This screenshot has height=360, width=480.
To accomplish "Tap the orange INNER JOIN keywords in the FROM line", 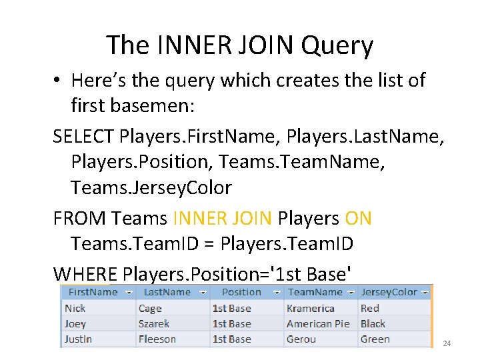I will pos(222,218).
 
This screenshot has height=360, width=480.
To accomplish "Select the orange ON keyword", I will pos(359,218).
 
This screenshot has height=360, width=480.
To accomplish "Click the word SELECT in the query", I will pos(84,137).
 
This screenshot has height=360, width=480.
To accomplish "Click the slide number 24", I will pos(447,343).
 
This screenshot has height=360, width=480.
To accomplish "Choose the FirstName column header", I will pos(93,292).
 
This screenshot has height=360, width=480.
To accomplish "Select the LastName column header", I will pos(167,292).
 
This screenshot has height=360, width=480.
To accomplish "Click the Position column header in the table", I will pos(241,292).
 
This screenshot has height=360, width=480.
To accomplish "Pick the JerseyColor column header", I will pos(389,292).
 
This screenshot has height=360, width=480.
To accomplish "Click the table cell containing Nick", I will pos(75,308).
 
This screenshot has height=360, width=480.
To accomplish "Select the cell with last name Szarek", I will pos(154,323).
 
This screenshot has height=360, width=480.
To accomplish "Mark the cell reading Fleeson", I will pos(157,339).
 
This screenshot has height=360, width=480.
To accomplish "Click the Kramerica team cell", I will pos(311,308).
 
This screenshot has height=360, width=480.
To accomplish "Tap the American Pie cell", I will pos(318,323).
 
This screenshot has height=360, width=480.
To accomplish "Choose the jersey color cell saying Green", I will pos(375,339).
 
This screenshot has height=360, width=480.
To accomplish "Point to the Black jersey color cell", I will pos(373,323).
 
